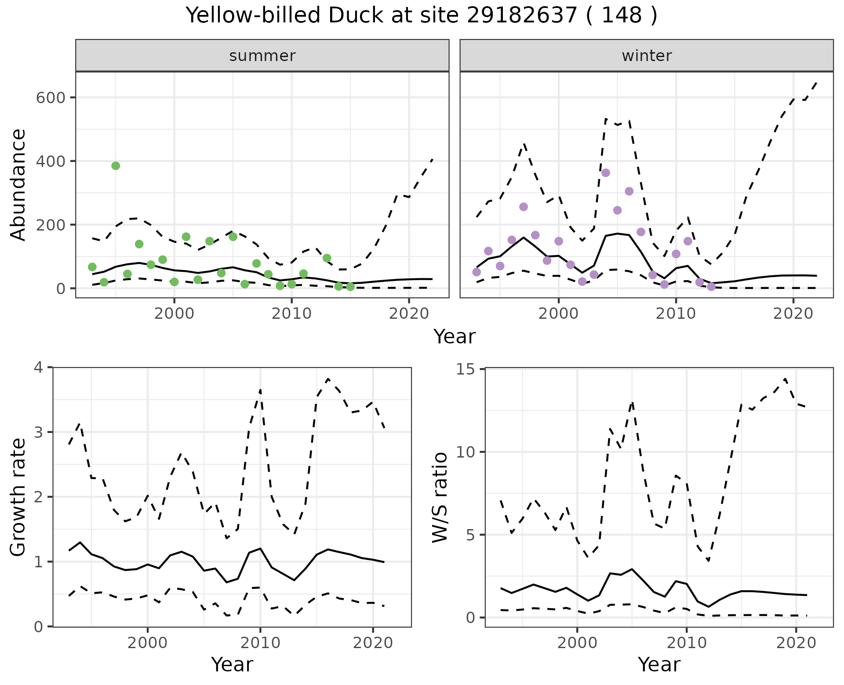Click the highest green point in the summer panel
pos(116,166)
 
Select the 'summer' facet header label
pos(262,56)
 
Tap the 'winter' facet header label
pos(647,56)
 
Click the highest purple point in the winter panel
pos(606,173)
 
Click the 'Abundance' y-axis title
pos(18,184)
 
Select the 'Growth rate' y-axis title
pos(18,497)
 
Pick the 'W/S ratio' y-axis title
pos(440,497)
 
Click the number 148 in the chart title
pos(622,16)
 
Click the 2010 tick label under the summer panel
pos(291,314)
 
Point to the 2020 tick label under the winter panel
pos(793,314)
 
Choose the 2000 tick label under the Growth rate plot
pos(148,643)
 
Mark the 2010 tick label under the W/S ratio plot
pos(687,643)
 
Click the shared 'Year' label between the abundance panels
pos(455,337)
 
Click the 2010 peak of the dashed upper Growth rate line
pos(260,390)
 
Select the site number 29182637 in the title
pos(521,16)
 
